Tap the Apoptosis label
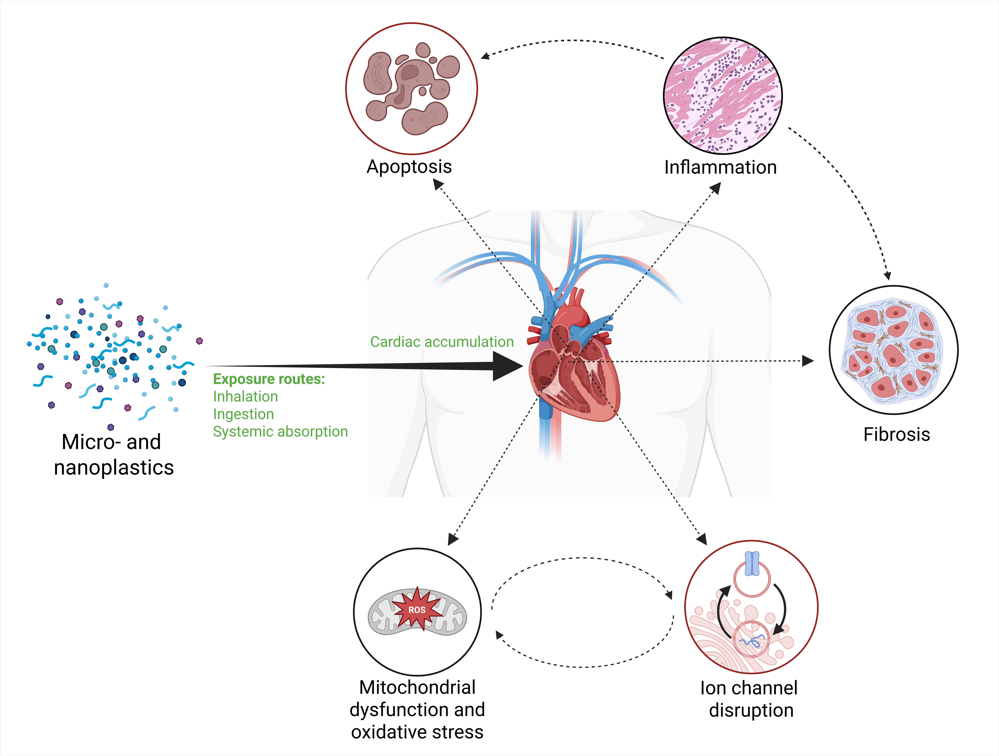[409, 167]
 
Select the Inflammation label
[720, 167]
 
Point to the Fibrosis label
[896, 434]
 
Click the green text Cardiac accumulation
[442, 342]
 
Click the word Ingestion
[243, 414]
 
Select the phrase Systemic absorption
[280, 432]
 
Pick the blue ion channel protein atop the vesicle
[752, 564]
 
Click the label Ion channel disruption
[749, 699]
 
